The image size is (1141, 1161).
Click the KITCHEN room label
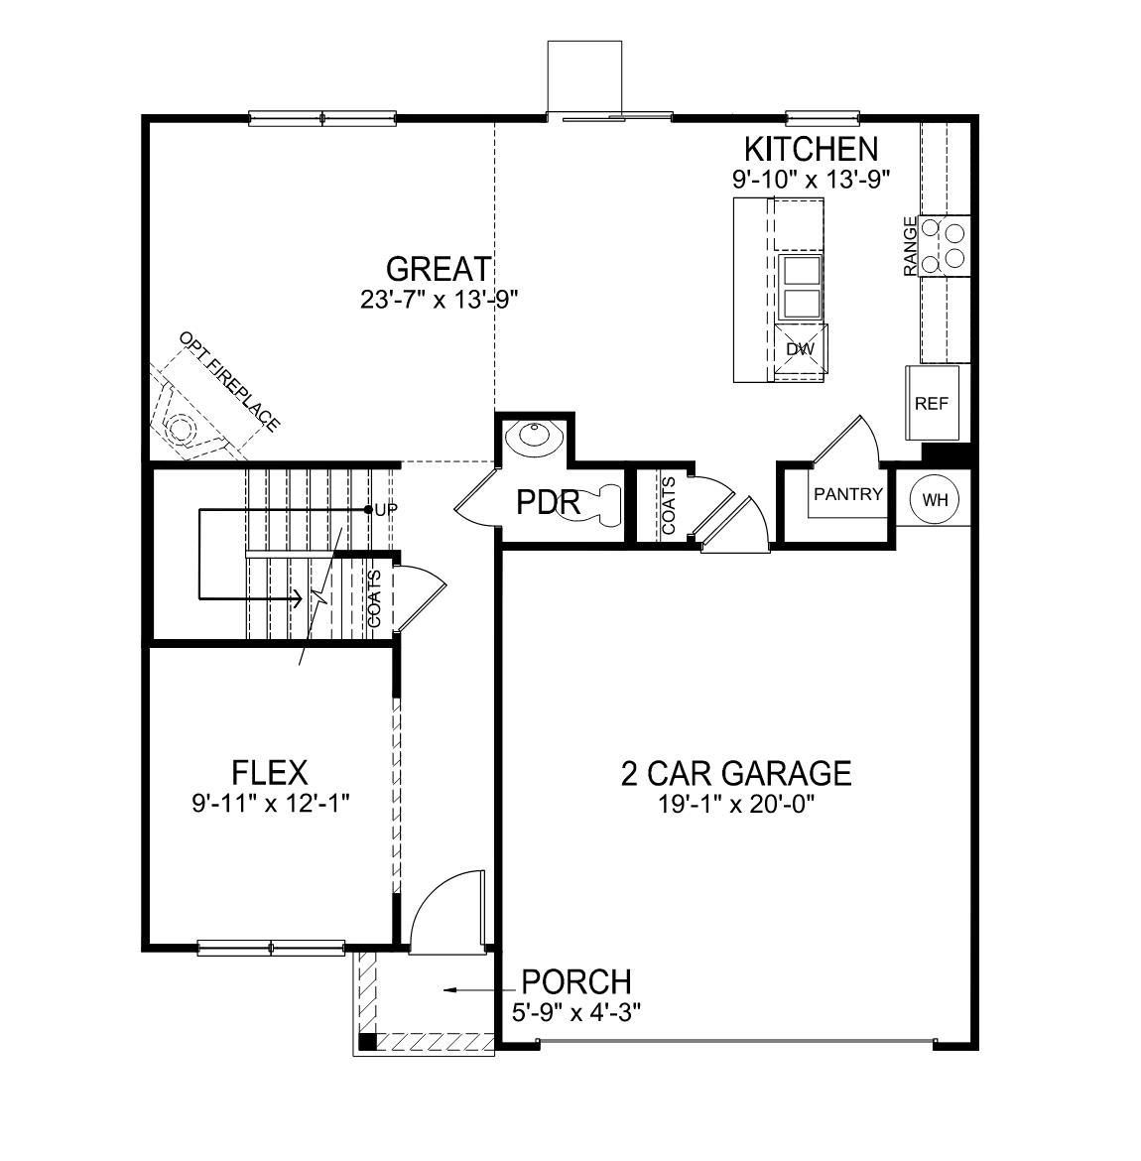click(x=811, y=149)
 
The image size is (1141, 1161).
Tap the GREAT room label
click(x=438, y=269)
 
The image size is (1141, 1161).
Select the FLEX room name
click(x=269, y=772)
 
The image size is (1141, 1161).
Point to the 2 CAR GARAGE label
click(x=735, y=773)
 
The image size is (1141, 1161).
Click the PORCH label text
click(x=576, y=982)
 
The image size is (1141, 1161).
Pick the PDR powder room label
click(x=548, y=503)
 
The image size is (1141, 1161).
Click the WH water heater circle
click(x=935, y=499)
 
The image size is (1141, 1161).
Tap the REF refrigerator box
click(x=932, y=403)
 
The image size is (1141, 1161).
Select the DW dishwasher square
click(x=800, y=349)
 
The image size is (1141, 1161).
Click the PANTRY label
click(x=847, y=494)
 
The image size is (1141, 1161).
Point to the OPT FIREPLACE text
click(x=229, y=381)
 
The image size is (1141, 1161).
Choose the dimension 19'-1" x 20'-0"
click(x=735, y=805)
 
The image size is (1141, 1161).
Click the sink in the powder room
click(x=534, y=436)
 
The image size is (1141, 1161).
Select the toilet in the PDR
click(x=601, y=502)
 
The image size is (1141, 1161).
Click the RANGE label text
click(x=910, y=246)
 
